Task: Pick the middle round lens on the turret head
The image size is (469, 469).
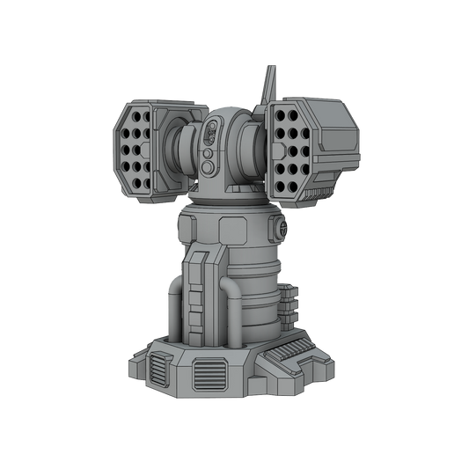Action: click(x=209, y=152)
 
